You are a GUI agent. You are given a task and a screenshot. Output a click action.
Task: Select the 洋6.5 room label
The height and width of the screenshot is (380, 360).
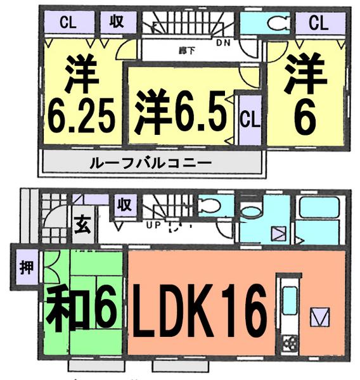click(179, 111)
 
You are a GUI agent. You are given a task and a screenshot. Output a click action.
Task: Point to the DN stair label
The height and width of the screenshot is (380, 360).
click(222, 43)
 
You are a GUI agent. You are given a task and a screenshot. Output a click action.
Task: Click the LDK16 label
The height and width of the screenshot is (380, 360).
click(198, 312)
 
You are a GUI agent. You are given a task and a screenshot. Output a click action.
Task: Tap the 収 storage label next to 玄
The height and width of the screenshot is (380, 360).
click(124, 205)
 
